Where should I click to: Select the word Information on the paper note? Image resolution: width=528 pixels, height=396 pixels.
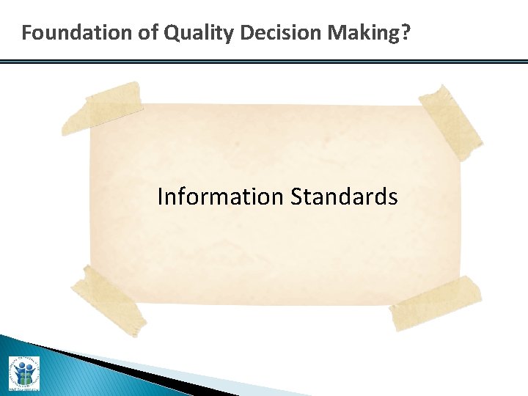pos(220,197)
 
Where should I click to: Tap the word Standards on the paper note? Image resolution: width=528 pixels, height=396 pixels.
pos(344,197)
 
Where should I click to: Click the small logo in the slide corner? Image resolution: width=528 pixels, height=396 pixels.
pos(24,373)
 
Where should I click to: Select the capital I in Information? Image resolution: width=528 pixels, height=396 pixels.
pos(161,197)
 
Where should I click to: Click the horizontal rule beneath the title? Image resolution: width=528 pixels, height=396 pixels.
pos(264,62)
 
